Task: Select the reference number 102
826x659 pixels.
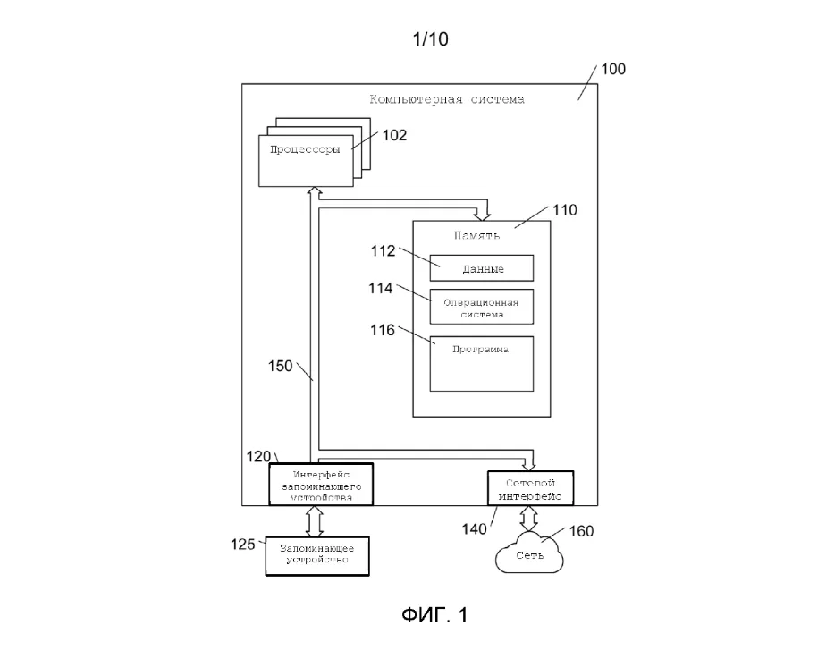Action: click(394, 135)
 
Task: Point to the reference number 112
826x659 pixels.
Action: click(383, 251)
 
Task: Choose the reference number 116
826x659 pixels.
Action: click(383, 331)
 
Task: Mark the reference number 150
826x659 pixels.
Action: click(281, 365)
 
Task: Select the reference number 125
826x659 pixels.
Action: click(242, 542)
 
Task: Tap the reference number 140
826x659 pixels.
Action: click(475, 528)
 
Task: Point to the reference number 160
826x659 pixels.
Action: click(581, 531)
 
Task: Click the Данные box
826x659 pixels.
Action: click(482, 268)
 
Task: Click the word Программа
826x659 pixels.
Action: click(482, 350)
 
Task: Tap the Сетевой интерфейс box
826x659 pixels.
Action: click(529, 488)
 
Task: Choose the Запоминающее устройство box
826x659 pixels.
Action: click(317, 555)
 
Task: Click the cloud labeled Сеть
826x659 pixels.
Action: click(530, 554)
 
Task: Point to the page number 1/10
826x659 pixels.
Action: click(430, 38)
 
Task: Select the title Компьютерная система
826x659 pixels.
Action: click(447, 99)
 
